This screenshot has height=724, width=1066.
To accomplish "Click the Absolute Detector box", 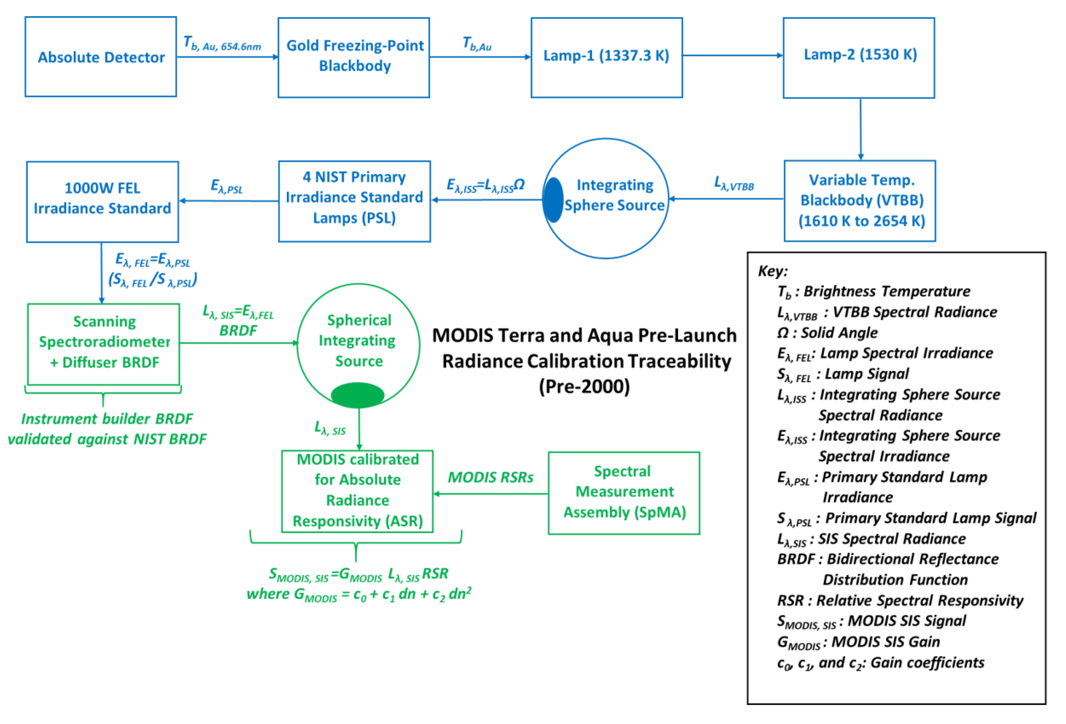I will point(101,57).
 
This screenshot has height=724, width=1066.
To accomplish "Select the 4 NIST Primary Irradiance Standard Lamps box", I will point(354,201).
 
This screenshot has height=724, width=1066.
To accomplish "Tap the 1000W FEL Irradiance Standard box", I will point(102,201).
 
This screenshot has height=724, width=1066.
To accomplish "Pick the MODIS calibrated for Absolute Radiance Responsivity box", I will point(357,491).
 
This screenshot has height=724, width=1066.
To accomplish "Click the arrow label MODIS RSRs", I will point(490,477).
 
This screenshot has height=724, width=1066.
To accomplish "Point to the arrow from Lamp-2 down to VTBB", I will point(861,128).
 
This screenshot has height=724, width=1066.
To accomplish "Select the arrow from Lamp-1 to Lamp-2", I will point(733,55).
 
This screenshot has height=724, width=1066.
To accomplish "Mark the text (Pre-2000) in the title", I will point(584,386).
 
